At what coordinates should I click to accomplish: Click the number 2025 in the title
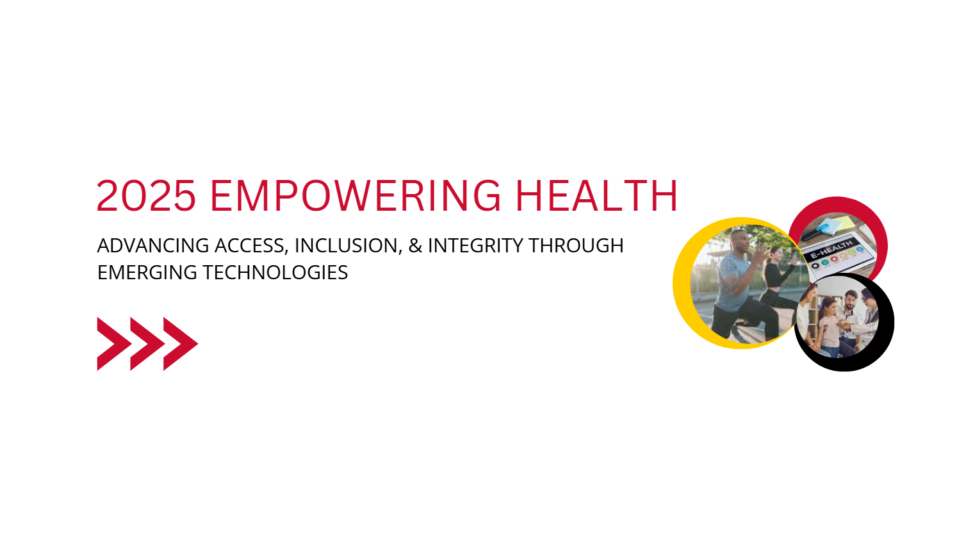(146, 196)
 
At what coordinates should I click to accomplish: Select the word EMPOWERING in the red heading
(356, 196)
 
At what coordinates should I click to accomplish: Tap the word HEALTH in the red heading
(596, 196)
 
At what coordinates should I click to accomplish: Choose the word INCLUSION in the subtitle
(347, 245)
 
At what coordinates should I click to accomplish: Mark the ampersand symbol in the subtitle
(415, 245)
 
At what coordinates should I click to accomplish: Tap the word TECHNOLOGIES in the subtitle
(275, 272)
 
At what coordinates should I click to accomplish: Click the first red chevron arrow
(113, 344)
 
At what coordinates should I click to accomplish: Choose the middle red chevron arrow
(146, 344)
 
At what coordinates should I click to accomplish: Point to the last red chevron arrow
(180, 344)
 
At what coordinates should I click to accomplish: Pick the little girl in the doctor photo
(828, 323)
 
